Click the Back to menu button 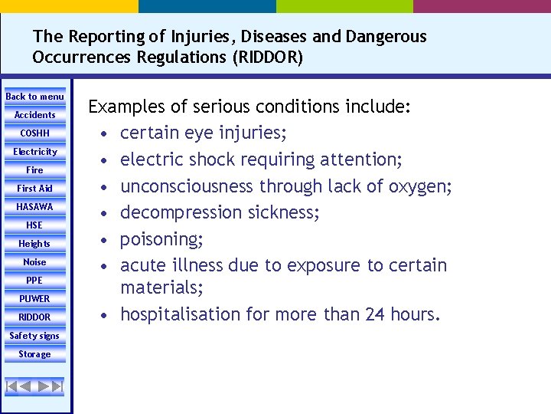[35, 97]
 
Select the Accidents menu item [35, 115]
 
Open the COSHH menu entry [35, 133]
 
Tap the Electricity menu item [35, 152]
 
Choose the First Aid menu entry [35, 189]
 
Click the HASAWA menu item [35, 207]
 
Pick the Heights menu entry [35, 244]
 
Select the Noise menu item [35, 262]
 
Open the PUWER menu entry [35, 299]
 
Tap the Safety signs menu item [35, 336]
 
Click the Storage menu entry [35, 354]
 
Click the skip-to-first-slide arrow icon [12, 386]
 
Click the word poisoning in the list [159, 239]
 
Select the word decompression [178, 212]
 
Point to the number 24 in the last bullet [373, 314]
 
